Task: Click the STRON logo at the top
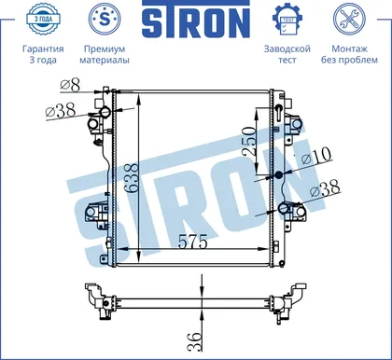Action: [x=196, y=20]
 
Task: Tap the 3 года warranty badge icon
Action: [x=43, y=19]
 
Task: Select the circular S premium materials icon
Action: [x=105, y=19]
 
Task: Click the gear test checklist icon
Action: [x=287, y=20]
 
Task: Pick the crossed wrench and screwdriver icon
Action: [x=349, y=19]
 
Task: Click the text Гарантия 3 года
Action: [x=43, y=54]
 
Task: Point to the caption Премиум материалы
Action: [x=105, y=54]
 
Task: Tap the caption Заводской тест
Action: [x=287, y=54]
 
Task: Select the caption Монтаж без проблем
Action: [x=349, y=54]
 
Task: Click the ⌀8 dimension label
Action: [x=70, y=85]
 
